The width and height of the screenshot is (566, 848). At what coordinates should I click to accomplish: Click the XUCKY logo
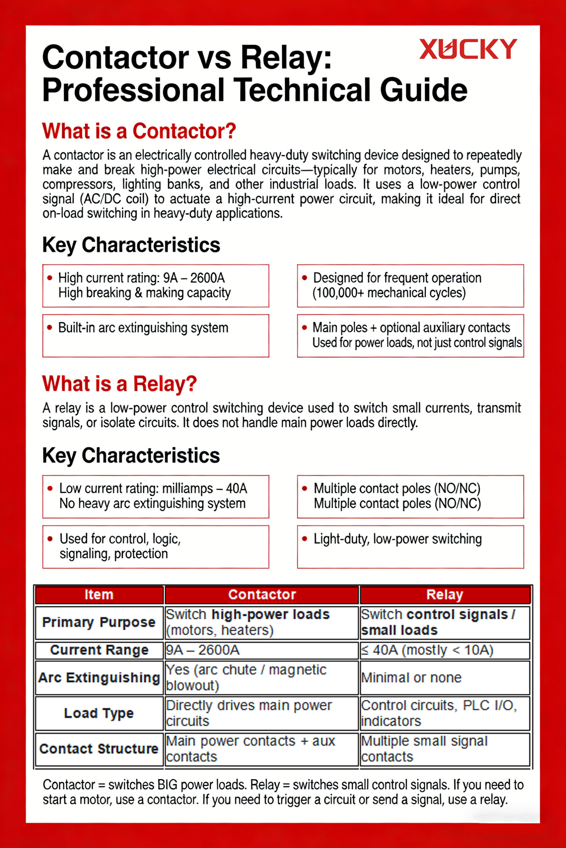pyautogui.click(x=468, y=49)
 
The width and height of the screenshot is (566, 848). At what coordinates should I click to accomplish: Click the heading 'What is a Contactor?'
pyautogui.click(x=139, y=131)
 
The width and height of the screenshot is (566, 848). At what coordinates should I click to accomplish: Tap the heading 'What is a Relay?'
pyautogui.click(x=119, y=384)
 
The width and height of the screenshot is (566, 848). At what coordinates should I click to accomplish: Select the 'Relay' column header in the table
pyautogui.click(x=444, y=594)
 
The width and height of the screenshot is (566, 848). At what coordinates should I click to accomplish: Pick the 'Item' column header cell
pyautogui.click(x=99, y=594)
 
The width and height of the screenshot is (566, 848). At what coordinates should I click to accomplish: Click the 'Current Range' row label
pyautogui.click(x=99, y=650)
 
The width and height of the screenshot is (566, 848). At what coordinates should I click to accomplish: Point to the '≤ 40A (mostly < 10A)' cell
pyautogui.click(x=427, y=650)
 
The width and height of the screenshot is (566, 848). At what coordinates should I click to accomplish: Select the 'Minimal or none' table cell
pyautogui.click(x=411, y=678)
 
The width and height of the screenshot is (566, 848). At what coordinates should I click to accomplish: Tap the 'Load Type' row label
pyautogui.click(x=99, y=713)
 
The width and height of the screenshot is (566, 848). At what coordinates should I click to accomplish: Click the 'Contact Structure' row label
pyautogui.click(x=99, y=749)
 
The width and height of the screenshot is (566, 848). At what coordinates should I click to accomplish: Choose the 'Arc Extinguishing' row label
pyautogui.click(x=99, y=678)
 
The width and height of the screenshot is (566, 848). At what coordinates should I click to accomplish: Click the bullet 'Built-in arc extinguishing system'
pyautogui.click(x=143, y=328)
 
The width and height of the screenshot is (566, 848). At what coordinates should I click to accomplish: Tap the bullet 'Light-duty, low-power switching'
pyautogui.click(x=397, y=539)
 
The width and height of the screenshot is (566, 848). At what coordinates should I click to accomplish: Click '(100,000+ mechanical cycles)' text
pyautogui.click(x=389, y=293)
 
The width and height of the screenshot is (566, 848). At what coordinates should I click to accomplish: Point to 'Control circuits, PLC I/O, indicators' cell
pyautogui.click(x=439, y=713)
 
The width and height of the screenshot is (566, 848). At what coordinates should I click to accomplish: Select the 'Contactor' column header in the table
pyautogui.click(x=262, y=594)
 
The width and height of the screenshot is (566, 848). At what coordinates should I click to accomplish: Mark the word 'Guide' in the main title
pyautogui.click(x=423, y=90)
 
